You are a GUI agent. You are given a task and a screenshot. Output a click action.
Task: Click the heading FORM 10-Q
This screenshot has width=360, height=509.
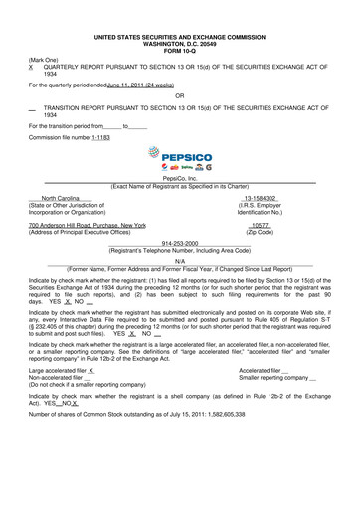click(179, 29)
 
